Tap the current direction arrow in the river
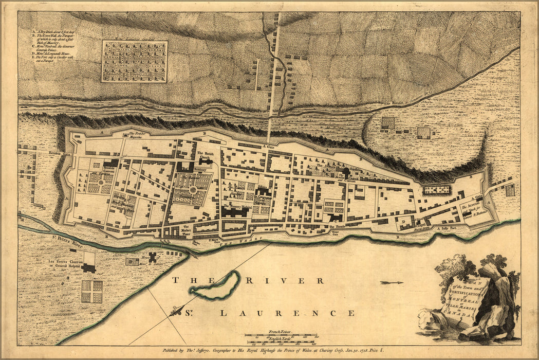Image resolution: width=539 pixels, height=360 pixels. click(x=392, y=282)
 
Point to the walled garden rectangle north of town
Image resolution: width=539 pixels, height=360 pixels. click(x=134, y=62)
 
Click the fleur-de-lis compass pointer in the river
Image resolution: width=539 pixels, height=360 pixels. click(x=179, y=311)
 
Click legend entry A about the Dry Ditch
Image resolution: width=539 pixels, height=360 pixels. click(x=49, y=31)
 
